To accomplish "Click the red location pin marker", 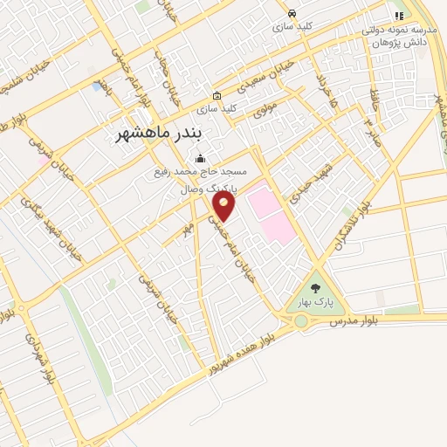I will pyautogui.click(x=224, y=206).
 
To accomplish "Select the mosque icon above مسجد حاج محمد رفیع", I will pyautogui.click(x=202, y=159).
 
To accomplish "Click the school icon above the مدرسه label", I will pyautogui.click(x=399, y=15).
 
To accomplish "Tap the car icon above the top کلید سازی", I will pyautogui.click(x=292, y=14).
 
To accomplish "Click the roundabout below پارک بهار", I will pyautogui.click(x=301, y=321).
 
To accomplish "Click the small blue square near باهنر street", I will pyautogui.click(x=95, y=86).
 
